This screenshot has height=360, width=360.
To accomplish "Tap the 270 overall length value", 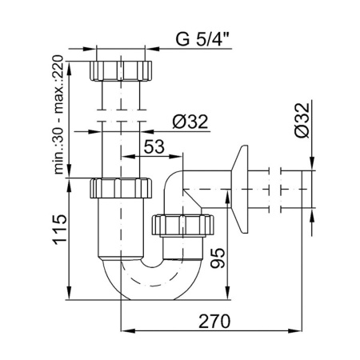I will pyautogui.click(x=214, y=322).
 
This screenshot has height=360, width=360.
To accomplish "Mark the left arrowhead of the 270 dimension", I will pyautogui.click(x=123, y=330).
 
